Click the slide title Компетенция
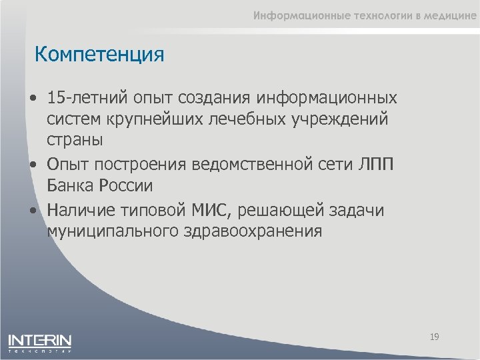coord(99,54)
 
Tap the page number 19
coord(434,337)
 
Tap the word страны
coord(75,141)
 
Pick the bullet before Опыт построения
coord(33,165)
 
